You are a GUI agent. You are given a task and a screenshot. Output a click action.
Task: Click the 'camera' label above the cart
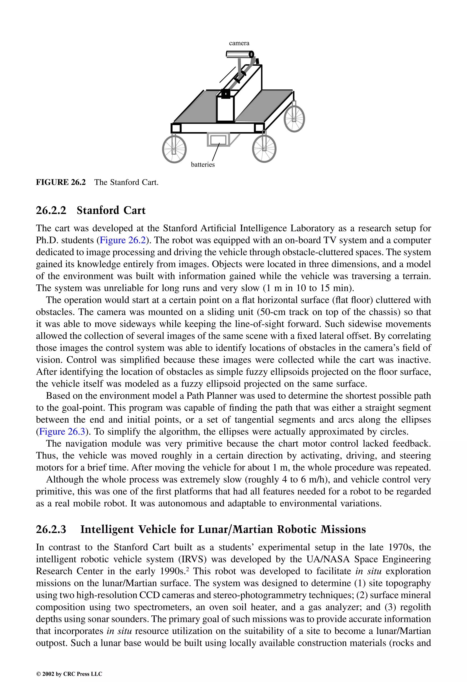[x=239, y=43]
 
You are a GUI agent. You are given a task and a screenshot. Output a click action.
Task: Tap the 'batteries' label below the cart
[x=203, y=165]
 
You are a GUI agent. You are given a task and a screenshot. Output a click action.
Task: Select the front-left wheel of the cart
[x=174, y=149]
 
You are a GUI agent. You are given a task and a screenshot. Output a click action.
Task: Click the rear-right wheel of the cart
[x=294, y=118]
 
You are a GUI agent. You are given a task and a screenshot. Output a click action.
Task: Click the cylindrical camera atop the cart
[x=240, y=54]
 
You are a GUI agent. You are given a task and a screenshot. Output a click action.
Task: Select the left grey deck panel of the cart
[x=195, y=107]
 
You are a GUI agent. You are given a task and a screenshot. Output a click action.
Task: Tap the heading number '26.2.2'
[x=51, y=210]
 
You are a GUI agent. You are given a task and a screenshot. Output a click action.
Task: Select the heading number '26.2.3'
[x=51, y=529]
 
